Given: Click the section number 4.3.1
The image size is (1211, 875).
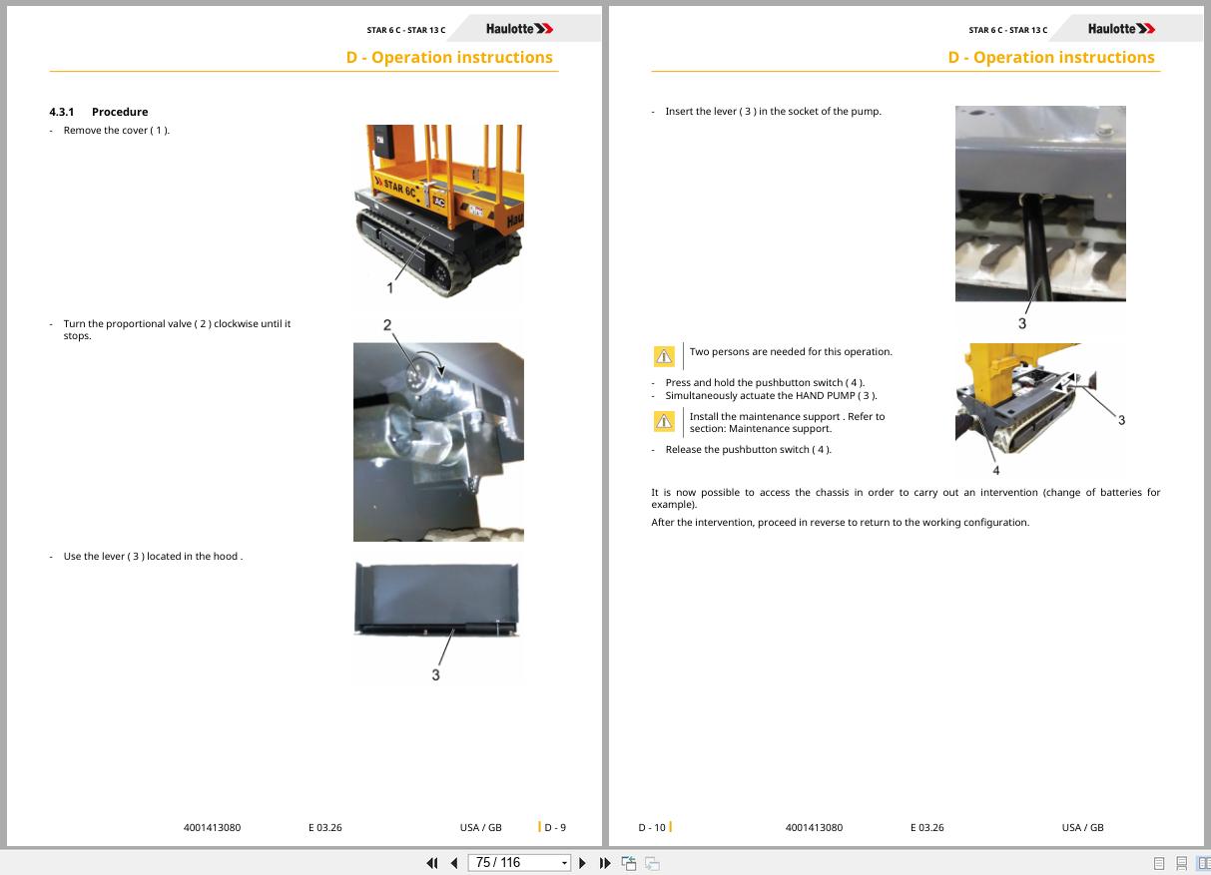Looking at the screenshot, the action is pos(61,112).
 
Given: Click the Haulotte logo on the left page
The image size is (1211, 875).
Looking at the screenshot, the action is pos(519,29).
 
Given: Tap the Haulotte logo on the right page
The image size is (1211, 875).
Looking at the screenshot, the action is pos(1121,29).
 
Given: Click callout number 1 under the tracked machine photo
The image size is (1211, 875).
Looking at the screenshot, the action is pos(389,288).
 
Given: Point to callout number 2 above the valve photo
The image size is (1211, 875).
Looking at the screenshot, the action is pos(387,325).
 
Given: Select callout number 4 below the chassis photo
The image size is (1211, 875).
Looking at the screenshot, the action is pos(995,471).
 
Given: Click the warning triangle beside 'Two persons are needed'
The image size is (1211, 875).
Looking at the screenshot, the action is pos(664,356).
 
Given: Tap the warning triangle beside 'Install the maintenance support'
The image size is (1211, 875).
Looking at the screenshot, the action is pos(664,421).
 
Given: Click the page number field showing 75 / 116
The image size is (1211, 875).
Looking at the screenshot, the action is pos(519,863).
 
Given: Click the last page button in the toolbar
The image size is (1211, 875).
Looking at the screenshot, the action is pos(604,863).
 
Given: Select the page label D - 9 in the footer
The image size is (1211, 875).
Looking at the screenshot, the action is pos(555,827).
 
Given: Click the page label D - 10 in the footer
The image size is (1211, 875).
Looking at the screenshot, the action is pos(652,827).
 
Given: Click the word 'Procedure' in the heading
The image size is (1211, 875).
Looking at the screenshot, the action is pos(120,112).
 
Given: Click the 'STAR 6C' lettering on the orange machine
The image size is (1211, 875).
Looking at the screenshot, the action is pos(400,188).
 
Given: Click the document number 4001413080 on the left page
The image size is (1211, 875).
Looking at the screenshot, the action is pos(212,827).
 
